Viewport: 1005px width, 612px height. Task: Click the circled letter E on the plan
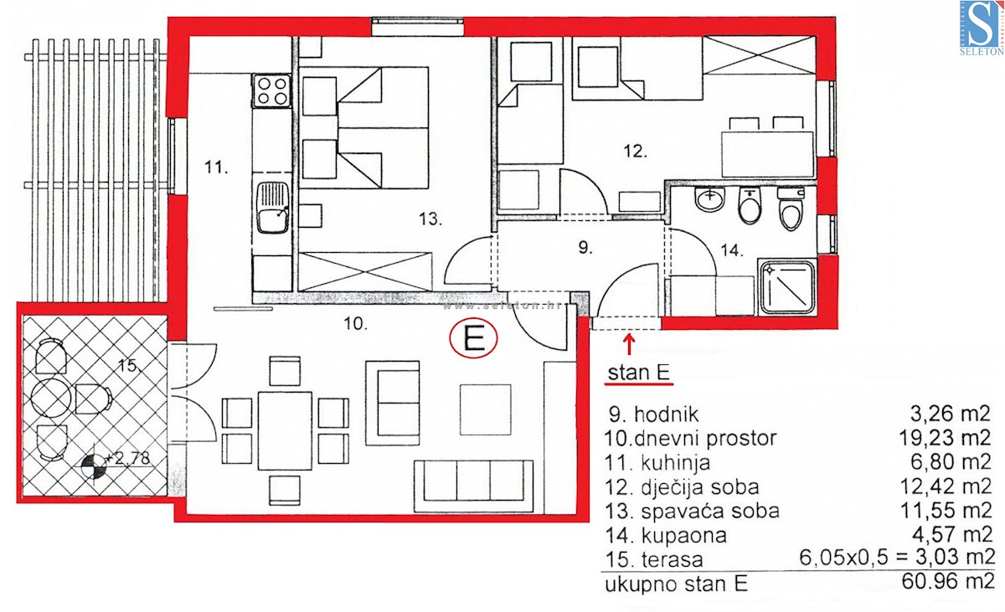pos(474,339)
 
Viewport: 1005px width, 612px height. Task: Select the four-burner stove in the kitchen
pos(271,91)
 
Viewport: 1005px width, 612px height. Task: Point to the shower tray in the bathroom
pos(786,287)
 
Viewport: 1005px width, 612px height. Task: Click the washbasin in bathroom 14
pos(710,199)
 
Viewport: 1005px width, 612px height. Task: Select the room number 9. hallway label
pos(585,247)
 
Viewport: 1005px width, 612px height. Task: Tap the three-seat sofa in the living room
pos(473,486)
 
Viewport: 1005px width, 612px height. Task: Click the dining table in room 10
pos(285,430)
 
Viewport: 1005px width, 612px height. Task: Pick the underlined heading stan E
pos(638,373)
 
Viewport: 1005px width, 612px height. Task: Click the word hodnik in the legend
pos(667,414)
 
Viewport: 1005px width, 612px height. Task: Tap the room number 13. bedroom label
pos(430,219)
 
